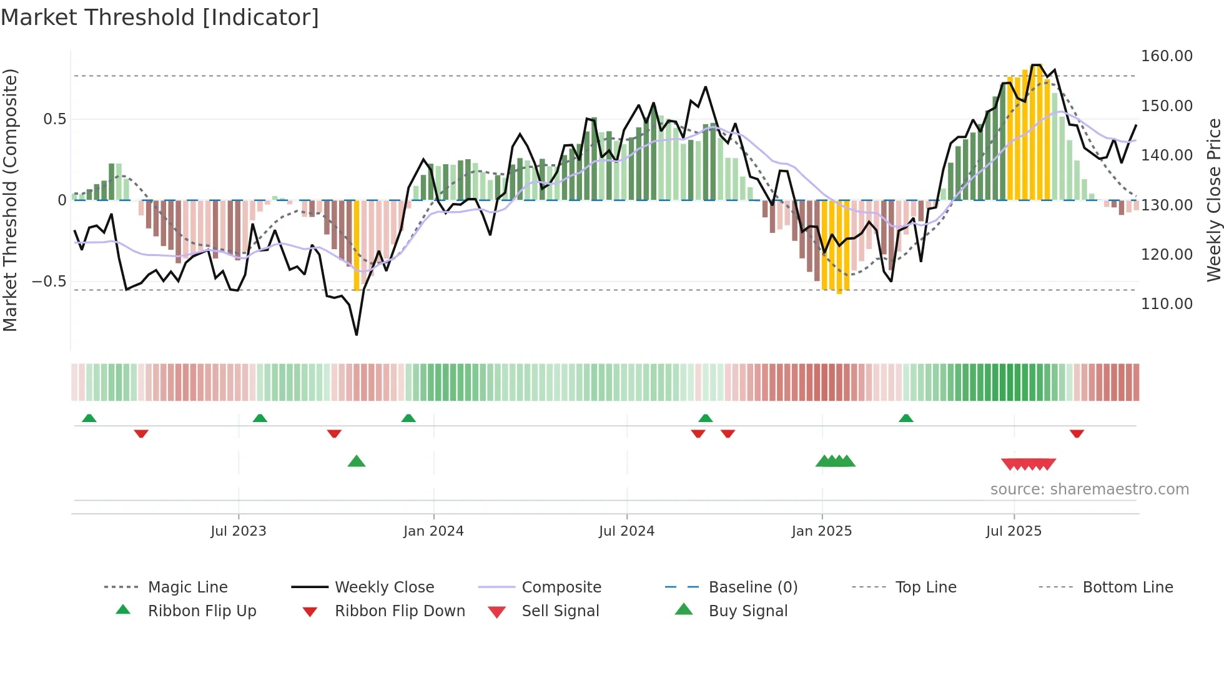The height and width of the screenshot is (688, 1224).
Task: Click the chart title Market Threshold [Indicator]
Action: coord(160,17)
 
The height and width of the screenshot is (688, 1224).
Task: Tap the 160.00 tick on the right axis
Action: coord(1167,56)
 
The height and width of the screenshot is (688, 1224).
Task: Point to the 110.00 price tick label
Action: coord(1167,304)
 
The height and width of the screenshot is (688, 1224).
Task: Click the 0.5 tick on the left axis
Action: coord(54,119)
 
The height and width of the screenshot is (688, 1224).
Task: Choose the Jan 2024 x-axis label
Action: coord(433,531)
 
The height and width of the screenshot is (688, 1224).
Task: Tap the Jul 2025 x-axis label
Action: coord(1014,531)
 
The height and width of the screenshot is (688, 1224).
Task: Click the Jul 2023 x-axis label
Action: coord(238,531)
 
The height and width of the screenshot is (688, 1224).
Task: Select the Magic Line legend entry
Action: coord(187,587)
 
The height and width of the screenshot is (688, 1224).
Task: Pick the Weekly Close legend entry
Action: coord(384,587)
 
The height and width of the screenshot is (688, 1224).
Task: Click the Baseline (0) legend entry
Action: coord(753,587)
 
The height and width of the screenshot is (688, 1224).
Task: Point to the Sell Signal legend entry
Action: coord(560,611)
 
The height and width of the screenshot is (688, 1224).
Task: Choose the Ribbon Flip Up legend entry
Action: coord(202,611)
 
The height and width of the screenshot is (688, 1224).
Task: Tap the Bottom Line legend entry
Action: coord(1127,587)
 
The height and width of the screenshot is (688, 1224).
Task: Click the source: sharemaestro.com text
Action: coord(1089,489)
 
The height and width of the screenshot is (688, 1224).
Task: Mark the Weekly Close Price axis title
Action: coord(1213,200)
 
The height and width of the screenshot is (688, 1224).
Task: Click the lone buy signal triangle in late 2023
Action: coord(356,461)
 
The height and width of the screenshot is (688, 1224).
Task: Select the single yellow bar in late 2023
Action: coord(357,245)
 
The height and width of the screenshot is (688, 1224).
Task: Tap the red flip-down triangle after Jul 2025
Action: coord(1077,433)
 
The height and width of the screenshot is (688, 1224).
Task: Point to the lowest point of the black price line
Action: coord(357,335)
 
